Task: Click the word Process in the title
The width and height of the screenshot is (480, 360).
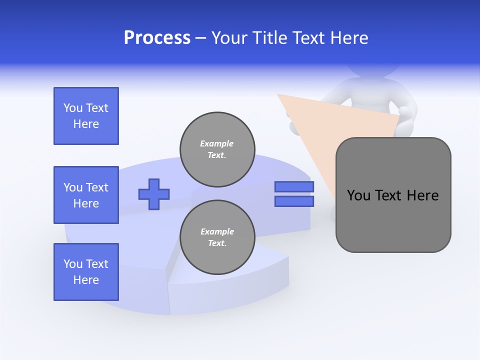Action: click(157, 38)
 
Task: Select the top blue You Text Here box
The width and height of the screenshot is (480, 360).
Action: click(86, 116)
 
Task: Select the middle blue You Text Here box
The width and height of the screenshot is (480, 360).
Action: click(86, 195)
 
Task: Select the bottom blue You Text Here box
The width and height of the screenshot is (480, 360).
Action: click(86, 272)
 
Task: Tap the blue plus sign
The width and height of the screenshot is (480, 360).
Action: click(154, 194)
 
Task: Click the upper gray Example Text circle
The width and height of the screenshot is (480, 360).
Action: click(217, 149)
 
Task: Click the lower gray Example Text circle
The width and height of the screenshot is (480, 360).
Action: click(217, 237)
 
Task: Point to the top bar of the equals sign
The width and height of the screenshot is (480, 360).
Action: click(294, 187)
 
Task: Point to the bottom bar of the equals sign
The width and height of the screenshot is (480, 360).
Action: click(294, 201)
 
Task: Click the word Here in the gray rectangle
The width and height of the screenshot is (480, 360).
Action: click(422, 195)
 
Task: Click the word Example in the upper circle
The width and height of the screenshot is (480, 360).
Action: click(216, 143)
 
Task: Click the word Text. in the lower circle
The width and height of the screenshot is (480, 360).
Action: click(217, 243)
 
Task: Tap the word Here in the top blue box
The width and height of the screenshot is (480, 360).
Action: click(86, 124)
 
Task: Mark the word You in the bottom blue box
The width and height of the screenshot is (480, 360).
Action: click(73, 264)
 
